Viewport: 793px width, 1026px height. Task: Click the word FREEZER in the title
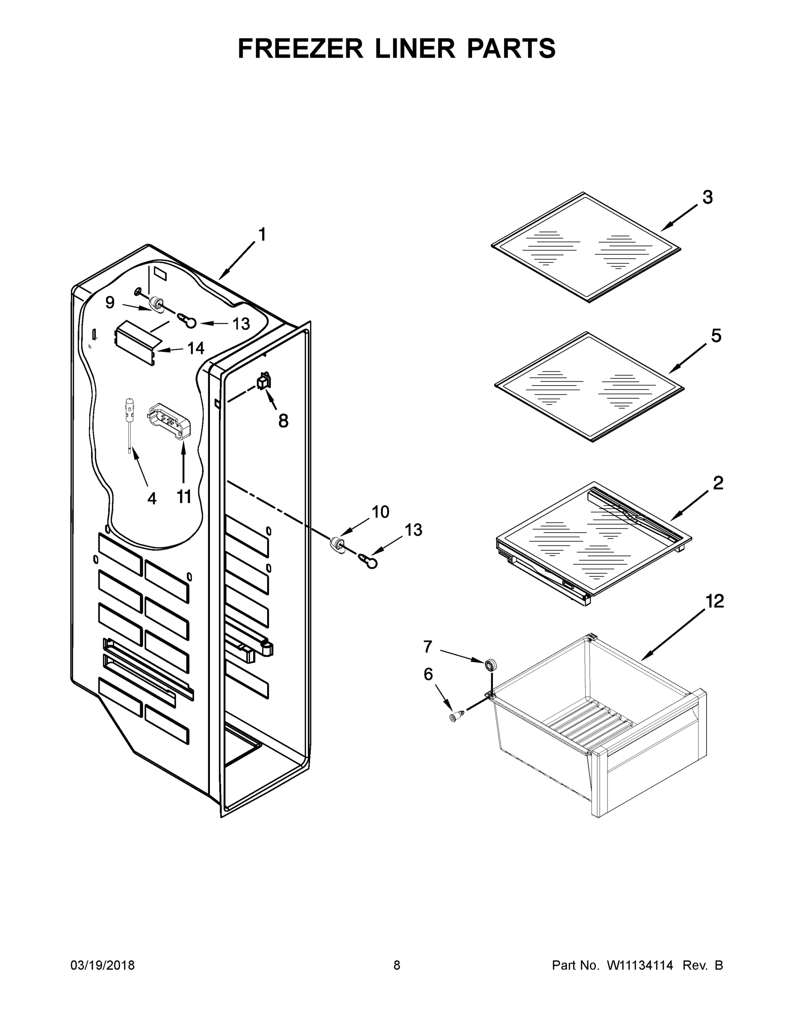click(301, 49)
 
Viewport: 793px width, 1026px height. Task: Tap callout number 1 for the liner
click(262, 234)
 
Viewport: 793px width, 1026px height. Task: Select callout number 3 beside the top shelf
click(708, 198)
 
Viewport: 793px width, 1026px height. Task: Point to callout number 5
click(716, 336)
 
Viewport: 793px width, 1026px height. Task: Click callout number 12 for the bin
click(715, 601)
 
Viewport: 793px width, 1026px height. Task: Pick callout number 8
click(283, 421)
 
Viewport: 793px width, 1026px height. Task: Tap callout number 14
click(196, 348)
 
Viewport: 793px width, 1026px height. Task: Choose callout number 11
click(184, 497)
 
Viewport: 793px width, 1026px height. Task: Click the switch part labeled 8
click(264, 380)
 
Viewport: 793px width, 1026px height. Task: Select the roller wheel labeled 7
click(491, 664)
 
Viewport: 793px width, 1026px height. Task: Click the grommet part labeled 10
click(338, 544)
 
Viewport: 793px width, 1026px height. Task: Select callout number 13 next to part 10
click(413, 530)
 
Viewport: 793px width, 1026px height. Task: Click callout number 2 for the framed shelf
click(718, 483)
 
